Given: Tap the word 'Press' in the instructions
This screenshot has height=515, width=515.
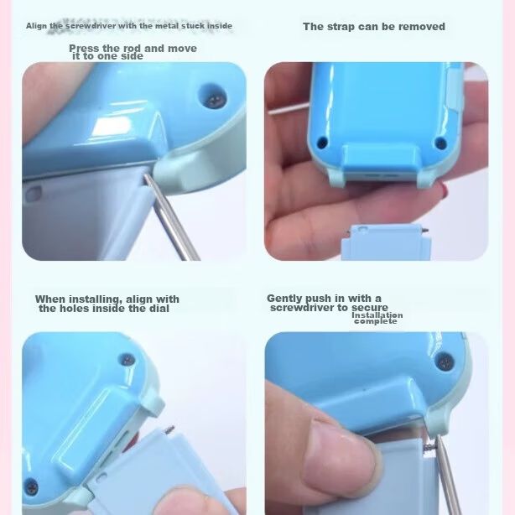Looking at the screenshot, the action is coord(84,49).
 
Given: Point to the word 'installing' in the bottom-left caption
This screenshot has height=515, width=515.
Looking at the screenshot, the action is coord(95,299).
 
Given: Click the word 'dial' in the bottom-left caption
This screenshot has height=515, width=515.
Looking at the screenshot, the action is coord(159,309).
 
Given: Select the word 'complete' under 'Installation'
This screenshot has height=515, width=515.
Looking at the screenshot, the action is coord(376,321).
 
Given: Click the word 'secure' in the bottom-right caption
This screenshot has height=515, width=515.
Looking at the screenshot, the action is coord(370,308).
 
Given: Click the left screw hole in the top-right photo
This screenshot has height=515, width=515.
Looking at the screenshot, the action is coord(322,143).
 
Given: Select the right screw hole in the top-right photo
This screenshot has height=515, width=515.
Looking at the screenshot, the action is coord(440,143).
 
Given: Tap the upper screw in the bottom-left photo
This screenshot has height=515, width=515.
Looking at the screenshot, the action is coord(127,361).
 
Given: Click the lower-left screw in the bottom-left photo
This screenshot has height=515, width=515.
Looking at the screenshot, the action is coord(31,487).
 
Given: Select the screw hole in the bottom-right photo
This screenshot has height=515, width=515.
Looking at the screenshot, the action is coord(445,362).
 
